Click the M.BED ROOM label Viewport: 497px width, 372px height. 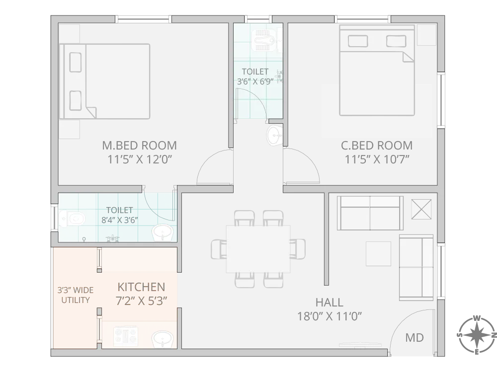coord(139,146)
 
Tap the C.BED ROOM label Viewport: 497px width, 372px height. coord(377,146)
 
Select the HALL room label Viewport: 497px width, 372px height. coord(329,302)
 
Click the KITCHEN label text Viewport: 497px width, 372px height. coord(141,287)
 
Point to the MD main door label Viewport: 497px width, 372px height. coord(414,338)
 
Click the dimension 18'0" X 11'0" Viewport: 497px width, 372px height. coord(329,316)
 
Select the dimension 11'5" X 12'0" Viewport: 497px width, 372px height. coord(139,159)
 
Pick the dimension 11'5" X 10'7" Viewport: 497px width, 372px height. coord(377,159)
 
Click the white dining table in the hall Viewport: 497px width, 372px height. coord(258,249)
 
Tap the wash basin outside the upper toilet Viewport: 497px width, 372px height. coord(274,136)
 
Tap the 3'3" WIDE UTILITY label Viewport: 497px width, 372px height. coord(75,295)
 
